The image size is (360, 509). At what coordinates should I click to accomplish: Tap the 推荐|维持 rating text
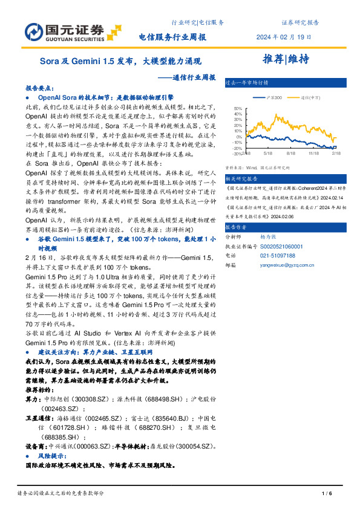[286, 59]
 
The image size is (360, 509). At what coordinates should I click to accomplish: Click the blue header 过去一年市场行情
[245, 82]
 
